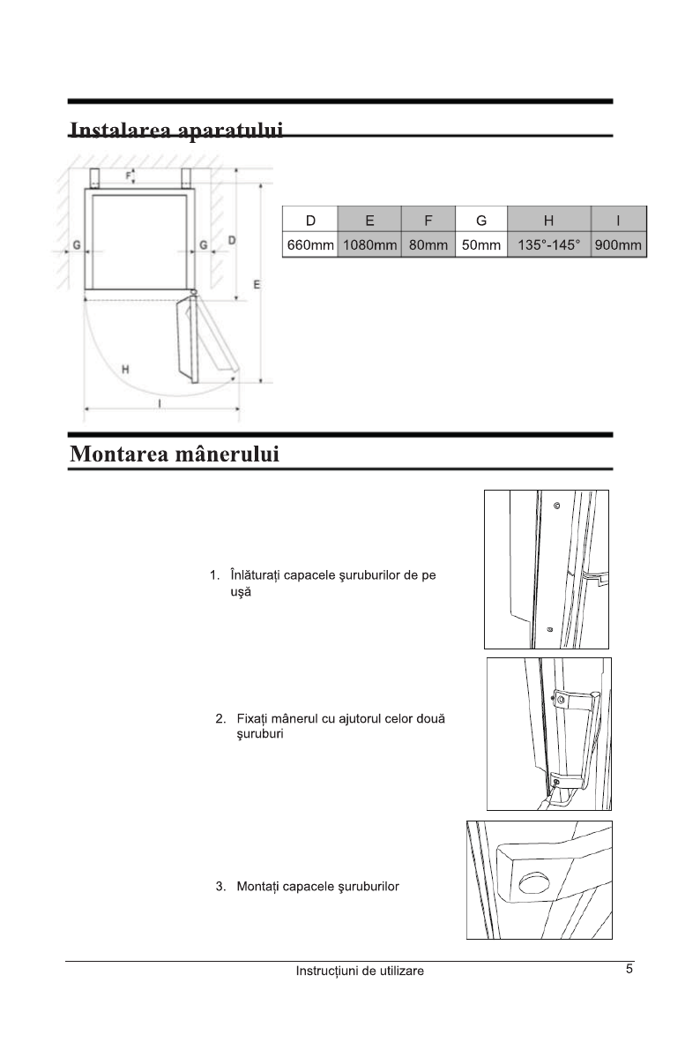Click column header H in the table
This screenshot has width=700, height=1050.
[x=548, y=220]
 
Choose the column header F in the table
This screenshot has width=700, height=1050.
[x=428, y=220]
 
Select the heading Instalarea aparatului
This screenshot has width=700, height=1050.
[x=176, y=131]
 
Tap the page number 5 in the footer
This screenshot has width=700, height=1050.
[x=629, y=969]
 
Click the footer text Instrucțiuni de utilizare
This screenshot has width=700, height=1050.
[x=360, y=971]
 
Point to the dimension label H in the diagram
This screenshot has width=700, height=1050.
[x=126, y=369]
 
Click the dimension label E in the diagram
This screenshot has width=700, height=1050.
[x=257, y=284]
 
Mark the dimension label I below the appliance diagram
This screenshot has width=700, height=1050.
[x=159, y=403]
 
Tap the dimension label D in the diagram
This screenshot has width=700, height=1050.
[x=232, y=240]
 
